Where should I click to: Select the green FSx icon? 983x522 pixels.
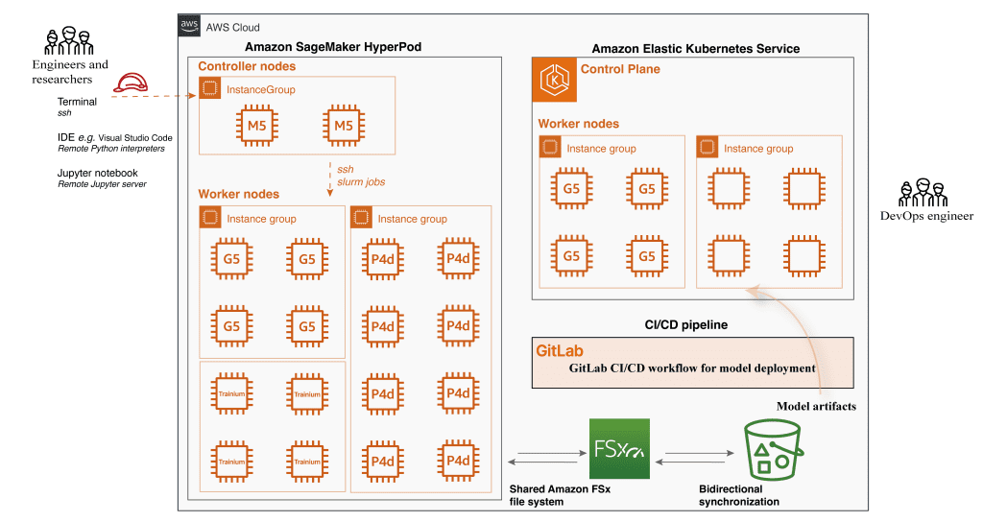point(619,448)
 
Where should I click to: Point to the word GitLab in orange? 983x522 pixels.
point(560,351)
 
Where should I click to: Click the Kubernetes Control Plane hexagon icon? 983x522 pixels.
point(554,80)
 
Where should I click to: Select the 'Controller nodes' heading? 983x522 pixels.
point(247,67)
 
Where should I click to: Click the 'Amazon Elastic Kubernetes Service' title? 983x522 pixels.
point(695,48)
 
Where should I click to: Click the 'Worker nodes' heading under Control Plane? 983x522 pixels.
point(578,124)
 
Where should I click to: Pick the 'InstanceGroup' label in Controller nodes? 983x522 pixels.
point(260,90)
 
